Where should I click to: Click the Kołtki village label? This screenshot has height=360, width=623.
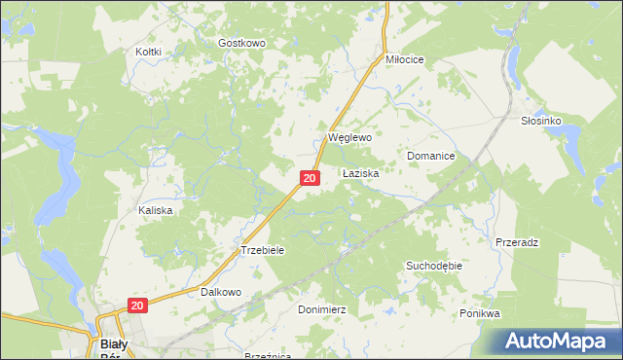148,52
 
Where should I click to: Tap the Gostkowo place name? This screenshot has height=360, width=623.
241,44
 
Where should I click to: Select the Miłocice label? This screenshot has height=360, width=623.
405,59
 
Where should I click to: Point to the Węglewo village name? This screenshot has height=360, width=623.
350,138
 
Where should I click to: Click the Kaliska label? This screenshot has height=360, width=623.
156,210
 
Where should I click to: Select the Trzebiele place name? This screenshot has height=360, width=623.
262,250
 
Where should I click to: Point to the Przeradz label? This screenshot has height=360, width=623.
517,241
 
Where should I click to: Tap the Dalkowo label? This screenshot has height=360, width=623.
220,292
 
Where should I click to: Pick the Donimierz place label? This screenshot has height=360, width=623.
321,308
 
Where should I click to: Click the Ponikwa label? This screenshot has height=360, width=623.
479,314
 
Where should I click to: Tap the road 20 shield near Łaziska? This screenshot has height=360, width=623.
309,178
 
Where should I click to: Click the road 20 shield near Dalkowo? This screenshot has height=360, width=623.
136,306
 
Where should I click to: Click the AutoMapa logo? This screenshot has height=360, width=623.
559,342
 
